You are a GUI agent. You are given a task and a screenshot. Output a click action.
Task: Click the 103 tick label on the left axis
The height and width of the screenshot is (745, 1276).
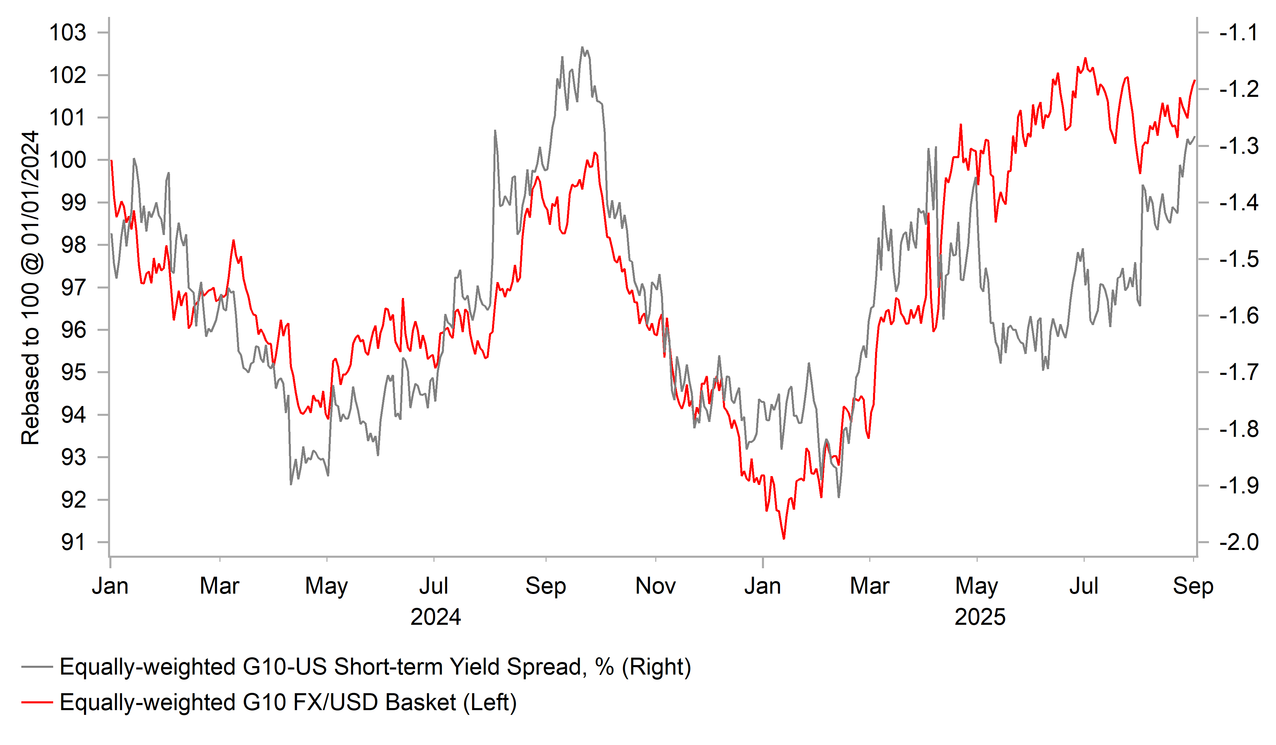point(67,33)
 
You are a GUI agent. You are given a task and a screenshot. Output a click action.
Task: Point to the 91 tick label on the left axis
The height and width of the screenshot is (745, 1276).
point(73,542)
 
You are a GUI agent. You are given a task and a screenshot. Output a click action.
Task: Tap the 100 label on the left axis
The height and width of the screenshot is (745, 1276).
point(67,160)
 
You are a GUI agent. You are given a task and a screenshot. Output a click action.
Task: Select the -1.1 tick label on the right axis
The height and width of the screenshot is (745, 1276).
point(1238,33)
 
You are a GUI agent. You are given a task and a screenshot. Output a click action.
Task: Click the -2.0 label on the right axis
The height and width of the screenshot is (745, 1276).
point(1238,542)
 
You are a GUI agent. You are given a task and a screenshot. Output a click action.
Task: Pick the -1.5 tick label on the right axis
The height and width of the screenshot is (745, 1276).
point(1238,259)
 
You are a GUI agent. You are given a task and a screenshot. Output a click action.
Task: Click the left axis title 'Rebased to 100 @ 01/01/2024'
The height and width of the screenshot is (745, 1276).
point(30,288)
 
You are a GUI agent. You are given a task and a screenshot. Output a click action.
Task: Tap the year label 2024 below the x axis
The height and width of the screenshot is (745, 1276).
point(435,617)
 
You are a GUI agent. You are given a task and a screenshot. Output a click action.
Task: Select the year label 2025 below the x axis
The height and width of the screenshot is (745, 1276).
point(980,617)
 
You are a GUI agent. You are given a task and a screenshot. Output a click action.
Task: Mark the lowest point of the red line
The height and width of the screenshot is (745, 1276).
point(784,539)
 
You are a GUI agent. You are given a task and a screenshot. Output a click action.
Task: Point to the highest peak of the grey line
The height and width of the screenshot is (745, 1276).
point(582,47)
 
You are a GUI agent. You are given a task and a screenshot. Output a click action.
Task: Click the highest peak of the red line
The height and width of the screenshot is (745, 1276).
point(1085,58)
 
